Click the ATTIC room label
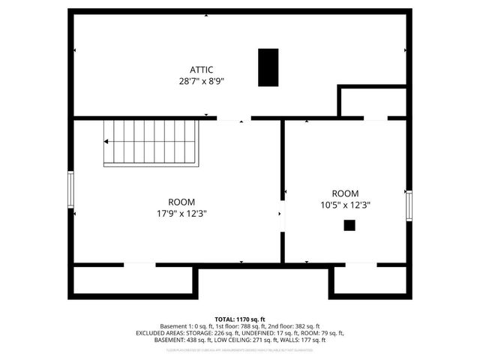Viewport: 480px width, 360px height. pyautogui.click(x=190, y=70)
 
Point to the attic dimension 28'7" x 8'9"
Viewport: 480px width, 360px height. pyautogui.click(x=190, y=80)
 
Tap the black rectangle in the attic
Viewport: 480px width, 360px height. pyautogui.click(x=268, y=67)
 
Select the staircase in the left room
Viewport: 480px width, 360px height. pyautogui.click(x=151, y=142)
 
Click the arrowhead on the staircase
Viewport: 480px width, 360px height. pyautogui.click(x=107, y=142)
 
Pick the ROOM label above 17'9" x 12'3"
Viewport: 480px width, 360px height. pyautogui.click(x=181, y=202)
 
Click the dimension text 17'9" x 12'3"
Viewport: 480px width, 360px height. pyautogui.click(x=181, y=213)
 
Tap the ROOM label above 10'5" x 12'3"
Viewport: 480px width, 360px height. pyautogui.click(x=345, y=193)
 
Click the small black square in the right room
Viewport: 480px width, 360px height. pyautogui.click(x=349, y=224)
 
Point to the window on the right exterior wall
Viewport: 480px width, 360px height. pyautogui.click(x=409, y=205)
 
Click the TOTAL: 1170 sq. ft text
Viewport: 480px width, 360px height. pyautogui.click(x=240, y=319)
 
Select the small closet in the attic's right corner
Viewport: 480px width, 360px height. pyautogui.click(x=373, y=103)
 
